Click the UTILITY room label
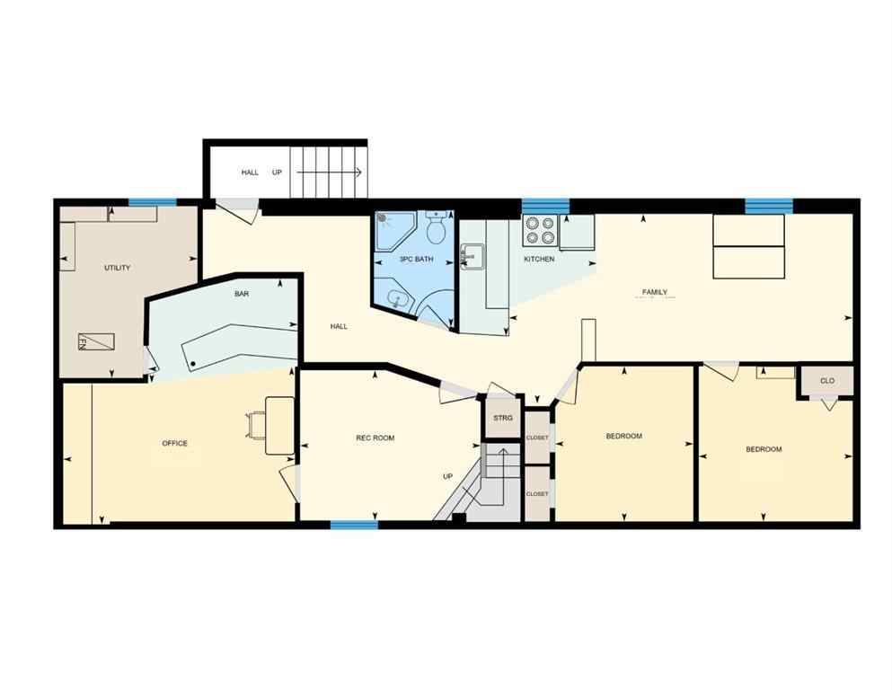point(118,268)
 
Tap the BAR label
point(242,294)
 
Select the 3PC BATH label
point(416,260)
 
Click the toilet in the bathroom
point(437,229)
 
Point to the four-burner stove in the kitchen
point(540,231)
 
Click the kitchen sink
point(471,257)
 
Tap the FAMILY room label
point(654,292)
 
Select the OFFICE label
point(174,444)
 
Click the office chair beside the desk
point(256,422)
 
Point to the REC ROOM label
point(375,438)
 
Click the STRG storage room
point(502,419)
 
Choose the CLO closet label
point(826,381)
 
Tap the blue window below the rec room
point(354,525)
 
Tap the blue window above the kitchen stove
point(545,204)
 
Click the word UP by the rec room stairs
point(447,476)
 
